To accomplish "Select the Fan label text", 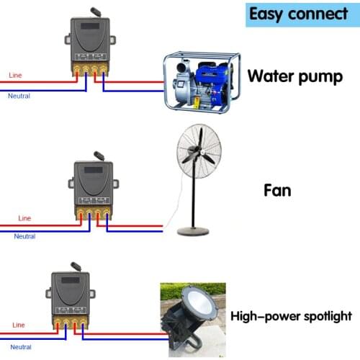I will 277,192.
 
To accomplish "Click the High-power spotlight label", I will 291,315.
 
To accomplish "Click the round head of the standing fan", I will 199,153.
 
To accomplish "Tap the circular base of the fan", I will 193,230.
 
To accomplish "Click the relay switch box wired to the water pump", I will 89,43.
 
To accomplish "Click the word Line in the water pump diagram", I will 15,75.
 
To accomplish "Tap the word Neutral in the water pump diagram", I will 19,95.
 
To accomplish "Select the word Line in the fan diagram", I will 24,217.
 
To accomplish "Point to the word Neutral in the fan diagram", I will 24,236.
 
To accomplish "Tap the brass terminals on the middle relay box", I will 94,214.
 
